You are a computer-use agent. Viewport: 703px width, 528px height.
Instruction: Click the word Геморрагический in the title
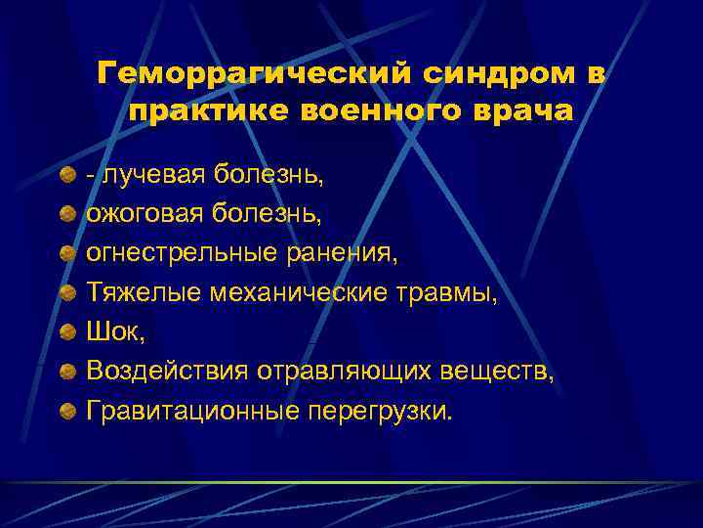[233, 75]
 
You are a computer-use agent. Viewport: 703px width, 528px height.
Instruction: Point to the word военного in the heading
[367, 111]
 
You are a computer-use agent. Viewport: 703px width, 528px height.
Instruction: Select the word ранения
[338, 252]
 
